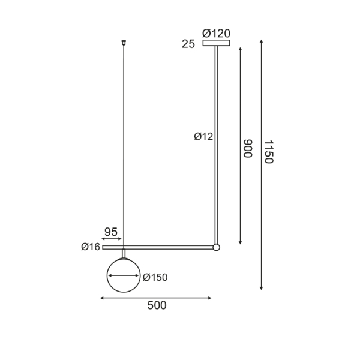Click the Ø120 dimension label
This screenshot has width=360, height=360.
217,34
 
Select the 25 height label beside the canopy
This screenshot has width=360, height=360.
188,44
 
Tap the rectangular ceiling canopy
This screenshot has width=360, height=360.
217,43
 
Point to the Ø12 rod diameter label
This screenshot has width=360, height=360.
203,137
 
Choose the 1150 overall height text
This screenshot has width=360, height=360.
268,152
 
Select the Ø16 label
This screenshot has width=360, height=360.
91,247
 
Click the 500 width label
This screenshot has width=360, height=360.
156,305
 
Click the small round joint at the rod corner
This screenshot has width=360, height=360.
217,247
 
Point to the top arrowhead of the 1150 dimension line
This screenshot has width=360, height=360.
261,43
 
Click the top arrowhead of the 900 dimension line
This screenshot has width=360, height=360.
241,49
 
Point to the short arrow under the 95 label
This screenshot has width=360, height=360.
112,239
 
